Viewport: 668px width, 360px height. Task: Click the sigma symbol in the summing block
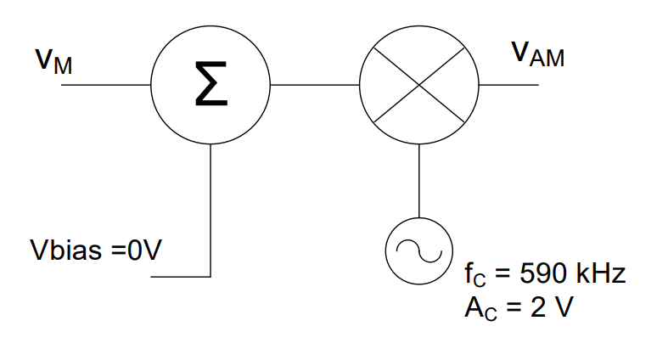[x=211, y=86]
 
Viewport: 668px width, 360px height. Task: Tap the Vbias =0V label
[x=96, y=251]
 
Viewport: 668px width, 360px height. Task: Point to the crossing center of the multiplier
[x=419, y=86]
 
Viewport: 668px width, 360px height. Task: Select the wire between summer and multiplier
[x=314, y=86]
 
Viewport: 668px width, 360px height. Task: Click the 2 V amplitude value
[x=553, y=306]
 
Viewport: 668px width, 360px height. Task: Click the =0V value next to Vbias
[x=136, y=251]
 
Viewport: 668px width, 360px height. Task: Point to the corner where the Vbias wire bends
[x=211, y=277]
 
